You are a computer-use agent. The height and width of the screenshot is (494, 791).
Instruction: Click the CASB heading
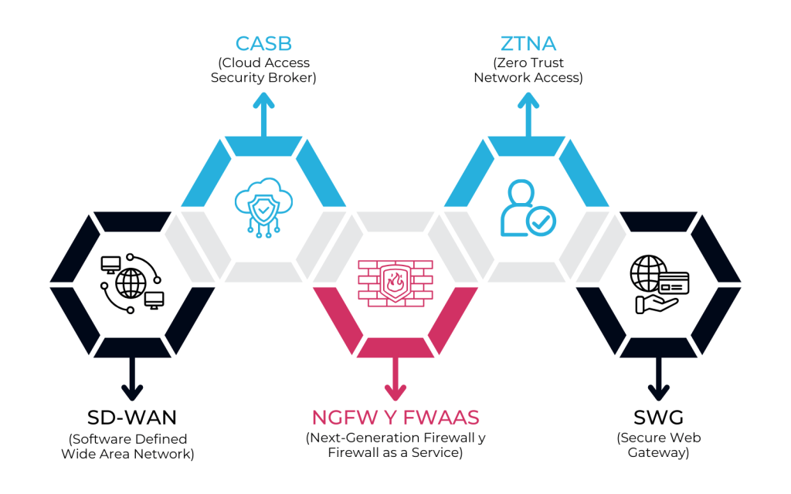(x=263, y=43)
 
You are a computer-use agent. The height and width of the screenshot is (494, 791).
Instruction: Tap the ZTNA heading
(x=528, y=43)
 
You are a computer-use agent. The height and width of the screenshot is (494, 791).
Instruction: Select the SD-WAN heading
(x=132, y=418)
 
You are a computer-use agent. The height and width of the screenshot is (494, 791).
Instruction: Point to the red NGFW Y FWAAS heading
(x=395, y=418)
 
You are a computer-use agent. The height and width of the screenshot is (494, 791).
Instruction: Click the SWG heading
(x=657, y=418)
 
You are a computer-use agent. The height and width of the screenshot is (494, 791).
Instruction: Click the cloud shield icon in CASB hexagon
(x=263, y=205)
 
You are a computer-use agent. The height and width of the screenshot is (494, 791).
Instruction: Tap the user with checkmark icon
(x=528, y=208)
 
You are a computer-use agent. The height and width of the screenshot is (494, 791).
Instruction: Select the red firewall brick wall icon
(x=395, y=283)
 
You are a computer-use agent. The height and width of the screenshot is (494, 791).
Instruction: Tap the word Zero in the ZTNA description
(x=510, y=63)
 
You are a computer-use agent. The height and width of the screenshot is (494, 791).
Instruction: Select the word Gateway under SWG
(x=657, y=453)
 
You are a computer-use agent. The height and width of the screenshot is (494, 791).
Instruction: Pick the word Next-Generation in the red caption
(x=360, y=438)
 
